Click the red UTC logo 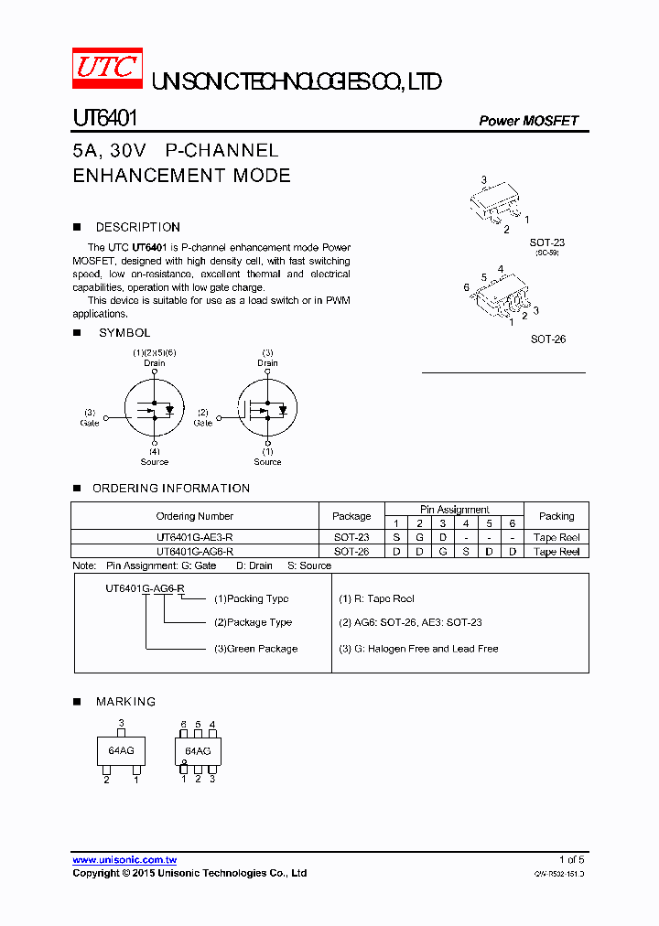(107, 69)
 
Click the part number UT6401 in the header (105, 119)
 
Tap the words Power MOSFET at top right (529, 121)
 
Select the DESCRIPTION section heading (138, 227)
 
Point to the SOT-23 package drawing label (547, 242)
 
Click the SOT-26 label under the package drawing (548, 339)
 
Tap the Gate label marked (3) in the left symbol (90, 417)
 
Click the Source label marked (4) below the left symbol (155, 457)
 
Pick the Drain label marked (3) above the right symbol (267, 358)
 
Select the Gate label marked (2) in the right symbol (203, 417)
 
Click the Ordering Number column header (195, 516)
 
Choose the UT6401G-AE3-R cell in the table (195, 537)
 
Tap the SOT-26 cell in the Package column (351, 552)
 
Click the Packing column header (556, 516)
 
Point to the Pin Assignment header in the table (455, 510)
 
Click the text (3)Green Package (255, 649)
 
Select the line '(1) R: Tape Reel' (376, 598)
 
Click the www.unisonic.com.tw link (124, 860)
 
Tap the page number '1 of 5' (571, 860)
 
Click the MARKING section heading (125, 702)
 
